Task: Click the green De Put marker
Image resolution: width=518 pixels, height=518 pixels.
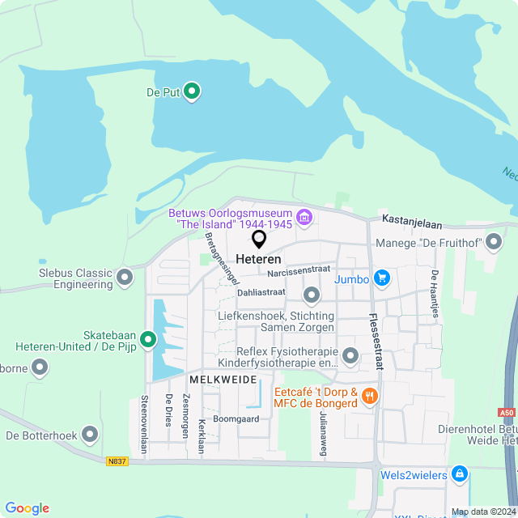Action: tap(192, 91)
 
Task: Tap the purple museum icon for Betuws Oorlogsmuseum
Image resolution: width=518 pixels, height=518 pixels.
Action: tap(304, 216)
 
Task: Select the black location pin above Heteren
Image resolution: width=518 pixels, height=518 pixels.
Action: tap(259, 239)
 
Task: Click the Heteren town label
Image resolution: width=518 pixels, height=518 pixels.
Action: tap(259, 260)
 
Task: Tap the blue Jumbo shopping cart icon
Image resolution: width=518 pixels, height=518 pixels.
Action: tap(382, 279)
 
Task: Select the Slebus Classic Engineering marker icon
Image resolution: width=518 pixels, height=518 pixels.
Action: tap(125, 278)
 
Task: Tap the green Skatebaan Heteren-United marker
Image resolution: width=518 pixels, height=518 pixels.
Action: tap(147, 340)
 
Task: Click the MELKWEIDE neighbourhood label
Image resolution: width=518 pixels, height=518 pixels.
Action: tap(223, 379)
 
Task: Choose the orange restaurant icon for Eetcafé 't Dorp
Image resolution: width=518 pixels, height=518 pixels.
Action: tap(371, 396)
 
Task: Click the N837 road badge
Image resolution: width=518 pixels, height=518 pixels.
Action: tap(117, 461)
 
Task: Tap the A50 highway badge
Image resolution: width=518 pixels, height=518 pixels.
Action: tap(507, 413)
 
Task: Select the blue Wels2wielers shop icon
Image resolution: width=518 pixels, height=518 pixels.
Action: tap(460, 472)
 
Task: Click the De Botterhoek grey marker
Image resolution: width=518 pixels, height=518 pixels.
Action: tap(90, 435)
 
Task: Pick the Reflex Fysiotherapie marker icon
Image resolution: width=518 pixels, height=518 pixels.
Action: tap(350, 355)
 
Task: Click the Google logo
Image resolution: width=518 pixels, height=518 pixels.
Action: tap(27, 508)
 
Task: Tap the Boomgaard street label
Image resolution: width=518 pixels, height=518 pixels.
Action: tap(236, 419)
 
